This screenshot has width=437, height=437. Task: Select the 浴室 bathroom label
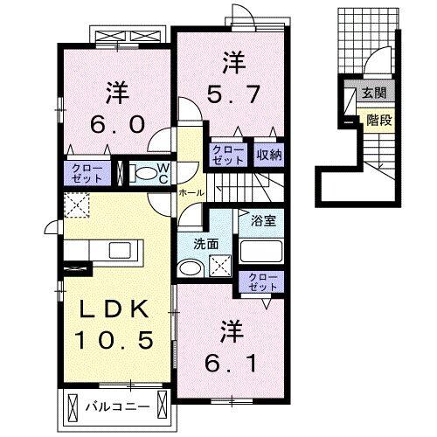263,222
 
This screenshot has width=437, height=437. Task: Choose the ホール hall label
191,192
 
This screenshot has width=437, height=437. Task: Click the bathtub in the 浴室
261,253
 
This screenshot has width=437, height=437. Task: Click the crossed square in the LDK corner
76,206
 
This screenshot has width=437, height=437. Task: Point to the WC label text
163,172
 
